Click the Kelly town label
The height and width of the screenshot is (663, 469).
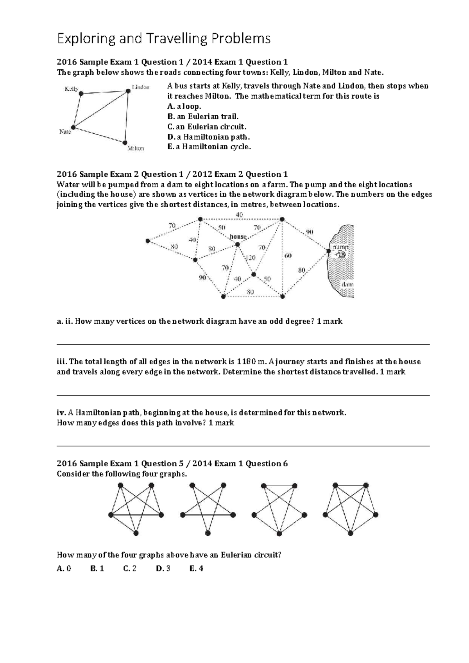tap(71, 89)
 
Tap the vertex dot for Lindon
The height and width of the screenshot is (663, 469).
tap(128, 91)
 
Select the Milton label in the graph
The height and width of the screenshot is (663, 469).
tap(136, 149)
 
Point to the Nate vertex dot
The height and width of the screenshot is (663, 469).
tap(73, 127)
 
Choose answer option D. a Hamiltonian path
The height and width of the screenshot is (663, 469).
tap(208, 137)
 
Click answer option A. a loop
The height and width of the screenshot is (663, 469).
tap(184, 106)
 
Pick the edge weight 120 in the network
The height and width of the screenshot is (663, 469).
tap(250, 258)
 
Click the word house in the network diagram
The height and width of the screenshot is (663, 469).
tap(238, 237)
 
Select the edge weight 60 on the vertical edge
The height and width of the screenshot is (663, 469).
tap(288, 256)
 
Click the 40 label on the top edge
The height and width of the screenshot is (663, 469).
tap(239, 214)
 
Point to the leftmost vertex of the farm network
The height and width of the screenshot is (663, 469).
tap(148, 241)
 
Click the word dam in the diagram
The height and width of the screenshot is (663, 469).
tap(347, 285)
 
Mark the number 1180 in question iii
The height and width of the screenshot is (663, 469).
tap(246, 362)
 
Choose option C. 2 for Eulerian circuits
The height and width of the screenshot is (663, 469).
tap(129, 568)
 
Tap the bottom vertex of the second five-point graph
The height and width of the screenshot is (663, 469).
tap(208, 533)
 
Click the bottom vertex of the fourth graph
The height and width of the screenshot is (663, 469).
tap(351, 533)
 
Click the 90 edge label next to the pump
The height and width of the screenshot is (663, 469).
tap(310, 232)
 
